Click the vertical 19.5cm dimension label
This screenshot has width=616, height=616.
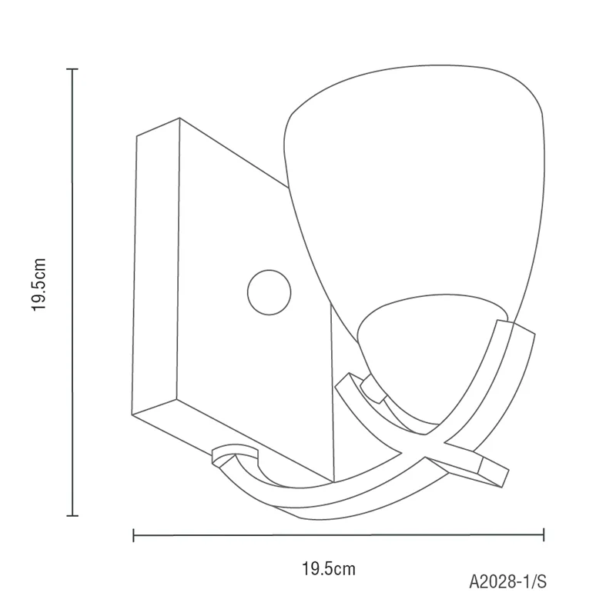click(39, 285)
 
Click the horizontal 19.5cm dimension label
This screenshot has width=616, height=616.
click(329, 569)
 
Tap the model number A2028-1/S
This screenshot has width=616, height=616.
click(508, 581)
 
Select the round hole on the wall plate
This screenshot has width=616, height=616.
click(269, 292)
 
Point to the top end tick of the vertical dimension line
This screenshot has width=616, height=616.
click(72, 69)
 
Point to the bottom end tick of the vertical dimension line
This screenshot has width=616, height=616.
click(72, 515)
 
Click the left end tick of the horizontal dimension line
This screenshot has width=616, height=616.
click(134, 535)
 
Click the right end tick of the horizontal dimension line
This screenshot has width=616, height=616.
click(544, 534)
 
